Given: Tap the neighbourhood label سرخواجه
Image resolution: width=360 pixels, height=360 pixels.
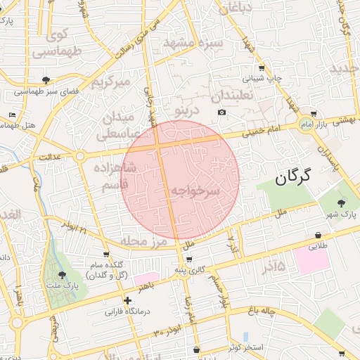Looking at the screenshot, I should pos(195,191).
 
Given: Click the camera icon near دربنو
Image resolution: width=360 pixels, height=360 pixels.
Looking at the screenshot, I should pos(222,112).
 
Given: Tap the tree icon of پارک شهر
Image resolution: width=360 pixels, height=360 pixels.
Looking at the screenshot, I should pos(342,203).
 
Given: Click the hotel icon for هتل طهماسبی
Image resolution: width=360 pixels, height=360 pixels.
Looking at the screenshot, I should pos(12,115).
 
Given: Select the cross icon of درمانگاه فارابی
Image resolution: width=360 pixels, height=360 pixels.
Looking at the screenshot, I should pos(127,300).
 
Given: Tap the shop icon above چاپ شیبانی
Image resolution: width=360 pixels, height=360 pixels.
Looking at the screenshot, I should pos(262,68).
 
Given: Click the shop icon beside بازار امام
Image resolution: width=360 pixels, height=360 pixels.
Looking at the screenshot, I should pos(313,113).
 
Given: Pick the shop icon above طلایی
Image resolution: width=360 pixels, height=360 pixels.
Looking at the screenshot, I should pos(319,236).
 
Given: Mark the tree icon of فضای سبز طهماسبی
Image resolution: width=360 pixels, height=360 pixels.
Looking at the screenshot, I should pos(46,80).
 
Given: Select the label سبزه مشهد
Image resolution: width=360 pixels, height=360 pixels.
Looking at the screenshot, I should pos(193,43).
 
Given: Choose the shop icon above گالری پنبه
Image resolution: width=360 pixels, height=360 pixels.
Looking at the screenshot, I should pos(189,259).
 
